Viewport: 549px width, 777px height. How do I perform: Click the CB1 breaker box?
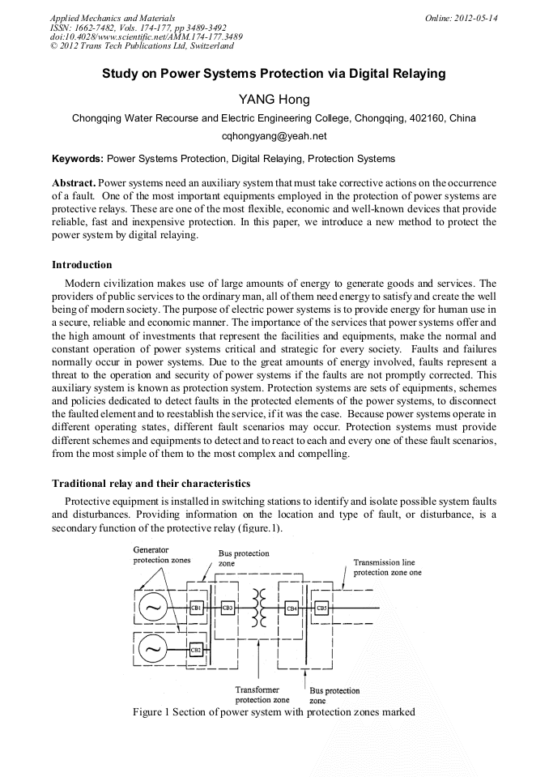click(x=196, y=607)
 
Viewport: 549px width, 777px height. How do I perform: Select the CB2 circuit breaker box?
click(x=196, y=649)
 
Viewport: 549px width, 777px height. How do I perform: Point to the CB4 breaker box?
click(x=292, y=607)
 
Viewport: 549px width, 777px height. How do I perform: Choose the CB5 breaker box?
click(x=321, y=607)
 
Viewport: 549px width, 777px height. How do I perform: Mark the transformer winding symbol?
click(x=260, y=607)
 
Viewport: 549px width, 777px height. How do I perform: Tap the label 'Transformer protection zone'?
click(x=262, y=694)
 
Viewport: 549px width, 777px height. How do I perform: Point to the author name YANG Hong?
click(x=274, y=100)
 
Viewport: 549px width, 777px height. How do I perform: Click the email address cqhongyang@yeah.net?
click(x=274, y=137)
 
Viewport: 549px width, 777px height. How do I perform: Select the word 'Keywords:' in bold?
click(x=78, y=159)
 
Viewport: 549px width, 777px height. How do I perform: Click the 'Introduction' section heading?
click(x=82, y=265)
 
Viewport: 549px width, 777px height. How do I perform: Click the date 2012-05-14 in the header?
click(x=476, y=18)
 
